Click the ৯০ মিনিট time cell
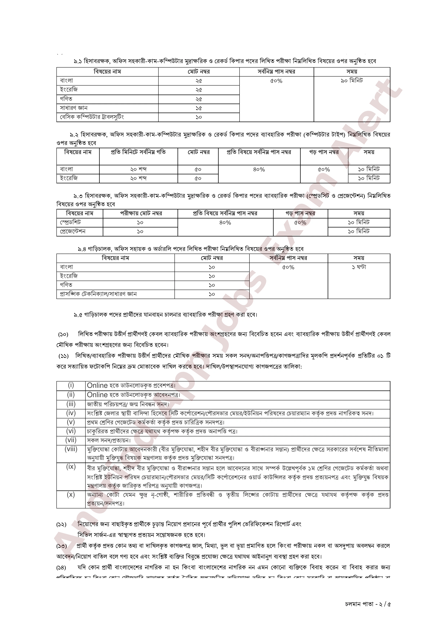(352, 81)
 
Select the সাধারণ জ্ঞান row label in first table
(74, 108)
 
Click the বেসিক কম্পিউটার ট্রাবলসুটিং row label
(92, 117)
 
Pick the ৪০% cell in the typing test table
(259, 169)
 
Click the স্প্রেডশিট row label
(70, 222)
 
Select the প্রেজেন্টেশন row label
(73, 231)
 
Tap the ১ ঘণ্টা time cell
(359, 267)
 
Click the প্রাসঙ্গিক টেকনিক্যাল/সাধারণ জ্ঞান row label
(98, 294)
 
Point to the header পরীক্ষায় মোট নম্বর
(141, 213)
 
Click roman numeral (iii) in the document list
(71, 404)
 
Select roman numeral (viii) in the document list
(71, 449)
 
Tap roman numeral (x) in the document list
(71, 494)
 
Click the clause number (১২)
(62, 524)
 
